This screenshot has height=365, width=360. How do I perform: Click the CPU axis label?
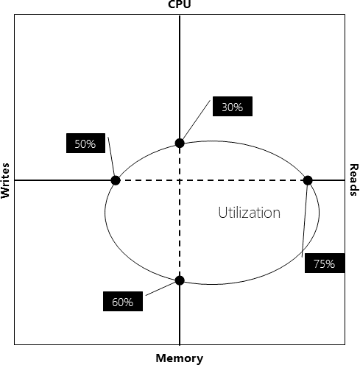(x=180, y=4)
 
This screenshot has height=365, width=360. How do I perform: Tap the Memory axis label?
(x=180, y=358)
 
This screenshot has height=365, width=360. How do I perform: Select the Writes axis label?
(x=5, y=180)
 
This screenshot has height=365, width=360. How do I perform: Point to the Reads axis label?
(x=354, y=180)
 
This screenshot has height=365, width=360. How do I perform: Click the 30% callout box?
(x=233, y=106)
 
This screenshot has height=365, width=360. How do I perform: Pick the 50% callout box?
(x=85, y=143)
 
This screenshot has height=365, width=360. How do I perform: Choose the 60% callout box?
(x=123, y=301)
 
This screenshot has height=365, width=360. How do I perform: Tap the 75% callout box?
(x=325, y=263)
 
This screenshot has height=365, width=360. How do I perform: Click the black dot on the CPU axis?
(x=180, y=143)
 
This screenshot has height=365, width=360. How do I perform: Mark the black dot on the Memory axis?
(x=180, y=280)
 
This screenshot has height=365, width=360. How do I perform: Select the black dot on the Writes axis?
(x=116, y=180)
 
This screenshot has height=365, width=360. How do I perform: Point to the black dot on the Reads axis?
(x=308, y=180)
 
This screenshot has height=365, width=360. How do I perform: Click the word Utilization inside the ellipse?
(x=249, y=213)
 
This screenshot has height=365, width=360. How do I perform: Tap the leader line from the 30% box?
(x=196, y=120)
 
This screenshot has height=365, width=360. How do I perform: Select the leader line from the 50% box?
(x=111, y=157)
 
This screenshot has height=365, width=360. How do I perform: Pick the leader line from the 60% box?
(x=160, y=288)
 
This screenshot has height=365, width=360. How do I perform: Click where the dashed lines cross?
(x=180, y=180)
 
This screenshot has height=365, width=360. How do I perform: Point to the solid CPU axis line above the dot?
(x=180, y=77)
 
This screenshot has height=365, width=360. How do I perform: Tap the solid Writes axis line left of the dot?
(x=63, y=180)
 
